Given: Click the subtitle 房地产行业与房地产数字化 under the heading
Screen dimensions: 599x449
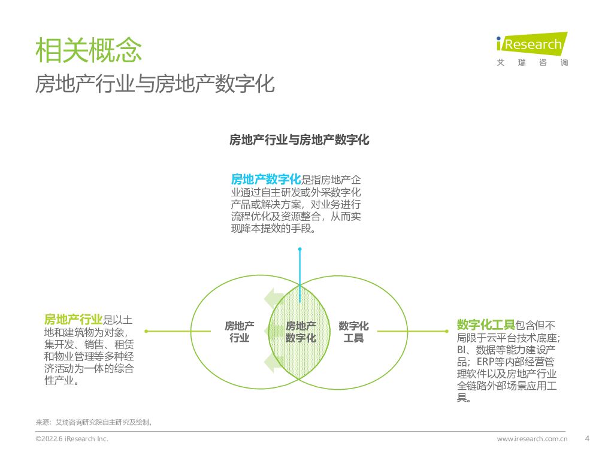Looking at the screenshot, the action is pos(155,84).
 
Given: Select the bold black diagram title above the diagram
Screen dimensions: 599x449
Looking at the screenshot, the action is pos(299,140).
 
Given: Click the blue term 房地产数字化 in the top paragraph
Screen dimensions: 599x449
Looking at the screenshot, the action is pos(266,179).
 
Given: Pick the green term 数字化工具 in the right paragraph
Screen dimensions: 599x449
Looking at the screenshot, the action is pos(486,325).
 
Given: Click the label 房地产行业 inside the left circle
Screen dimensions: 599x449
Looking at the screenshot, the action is pos(240,332).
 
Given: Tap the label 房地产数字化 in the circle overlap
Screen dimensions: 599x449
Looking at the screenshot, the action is pos(301,332).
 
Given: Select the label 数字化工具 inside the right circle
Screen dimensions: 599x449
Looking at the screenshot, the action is pos(353,332).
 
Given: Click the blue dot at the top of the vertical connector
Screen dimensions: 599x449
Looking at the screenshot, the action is pos(299,249).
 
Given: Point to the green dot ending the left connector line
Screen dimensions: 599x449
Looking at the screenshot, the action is pos(146,330).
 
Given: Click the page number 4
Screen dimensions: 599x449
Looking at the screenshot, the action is pos(586,438).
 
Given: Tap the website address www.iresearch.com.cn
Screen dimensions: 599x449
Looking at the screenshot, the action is pos(532,439).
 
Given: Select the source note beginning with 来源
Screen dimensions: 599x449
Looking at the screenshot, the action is pos(94,422).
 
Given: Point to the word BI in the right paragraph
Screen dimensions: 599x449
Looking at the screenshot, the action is pos(462,350).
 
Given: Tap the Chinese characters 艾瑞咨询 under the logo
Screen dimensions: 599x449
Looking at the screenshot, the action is pos(532,63).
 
